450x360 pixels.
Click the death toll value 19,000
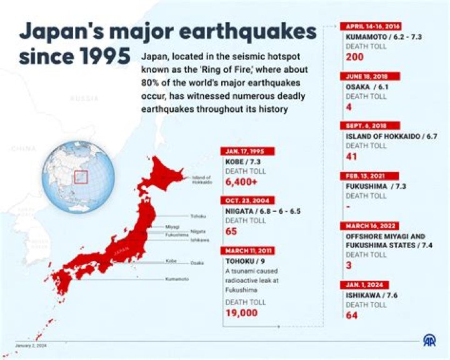[x=241, y=313]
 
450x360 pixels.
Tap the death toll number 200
[x=354, y=57]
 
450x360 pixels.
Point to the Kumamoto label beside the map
[x=177, y=279]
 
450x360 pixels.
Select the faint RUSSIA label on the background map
[x=84, y=99]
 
